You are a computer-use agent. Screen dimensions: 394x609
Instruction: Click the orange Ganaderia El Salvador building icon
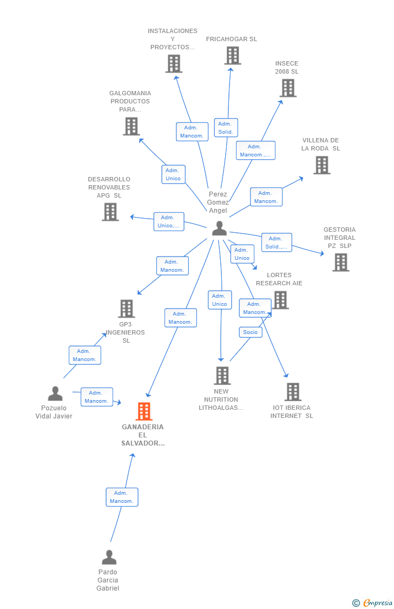click(143, 411)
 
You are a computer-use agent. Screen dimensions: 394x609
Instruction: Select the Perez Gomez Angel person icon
click(219, 228)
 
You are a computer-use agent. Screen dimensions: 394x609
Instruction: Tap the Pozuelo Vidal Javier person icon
click(55, 394)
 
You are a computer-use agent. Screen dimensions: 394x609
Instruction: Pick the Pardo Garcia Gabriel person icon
click(109, 558)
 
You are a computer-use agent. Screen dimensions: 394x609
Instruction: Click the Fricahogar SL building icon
click(233, 56)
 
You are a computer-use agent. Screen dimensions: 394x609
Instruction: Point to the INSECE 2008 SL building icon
click(288, 88)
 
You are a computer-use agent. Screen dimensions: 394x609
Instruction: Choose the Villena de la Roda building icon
click(322, 165)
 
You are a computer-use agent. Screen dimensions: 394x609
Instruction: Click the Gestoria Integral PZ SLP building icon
click(341, 262)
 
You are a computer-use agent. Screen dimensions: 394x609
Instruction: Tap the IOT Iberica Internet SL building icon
click(293, 392)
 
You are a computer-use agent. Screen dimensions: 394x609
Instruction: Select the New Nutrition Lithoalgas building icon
click(222, 376)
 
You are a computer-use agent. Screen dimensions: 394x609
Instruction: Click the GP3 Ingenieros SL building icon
click(127, 309)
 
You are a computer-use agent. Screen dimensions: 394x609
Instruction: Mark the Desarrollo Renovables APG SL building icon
click(110, 212)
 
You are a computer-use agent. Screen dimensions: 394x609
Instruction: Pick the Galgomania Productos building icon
click(131, 126)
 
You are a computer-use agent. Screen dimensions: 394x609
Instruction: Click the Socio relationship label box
click(251, 332)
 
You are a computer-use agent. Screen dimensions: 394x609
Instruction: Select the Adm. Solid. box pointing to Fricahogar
click(226, 128)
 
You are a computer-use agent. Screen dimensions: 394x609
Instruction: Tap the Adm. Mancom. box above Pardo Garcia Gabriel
click(122, 497)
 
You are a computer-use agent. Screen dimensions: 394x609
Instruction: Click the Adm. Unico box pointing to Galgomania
click(173, 174)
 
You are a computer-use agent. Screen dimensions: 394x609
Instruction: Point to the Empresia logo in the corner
click(372, 603)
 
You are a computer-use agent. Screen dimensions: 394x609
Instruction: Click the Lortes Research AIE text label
click(279, 279)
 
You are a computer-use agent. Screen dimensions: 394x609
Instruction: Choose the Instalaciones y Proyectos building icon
click(174, 64)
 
